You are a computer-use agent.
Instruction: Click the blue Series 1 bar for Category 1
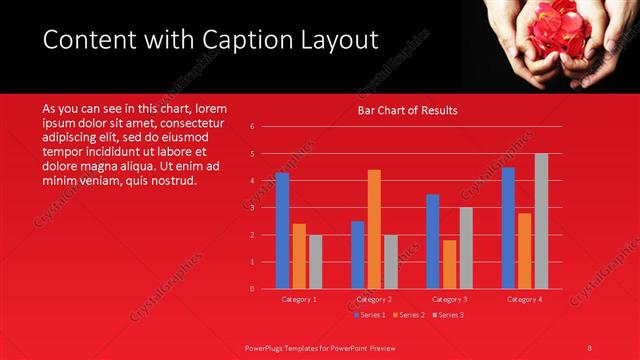[282, 231]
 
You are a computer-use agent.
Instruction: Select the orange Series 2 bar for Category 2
[374, 229]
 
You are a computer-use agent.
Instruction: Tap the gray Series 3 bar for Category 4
[541, 221]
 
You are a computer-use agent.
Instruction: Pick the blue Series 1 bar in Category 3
[432, 241]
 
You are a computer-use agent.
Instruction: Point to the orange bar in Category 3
[449, 264]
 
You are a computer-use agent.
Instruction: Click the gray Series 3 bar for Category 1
[315, 262]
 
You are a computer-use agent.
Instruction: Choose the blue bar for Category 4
[508, 228]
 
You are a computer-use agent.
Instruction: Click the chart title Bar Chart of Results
[407, 111]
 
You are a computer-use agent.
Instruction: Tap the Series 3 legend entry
[447, 315]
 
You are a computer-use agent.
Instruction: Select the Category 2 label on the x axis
[374, 299]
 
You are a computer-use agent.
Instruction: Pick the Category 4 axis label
[524, 299]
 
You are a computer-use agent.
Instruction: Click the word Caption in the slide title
[242, 40]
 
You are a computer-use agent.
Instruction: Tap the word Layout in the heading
[335, 40]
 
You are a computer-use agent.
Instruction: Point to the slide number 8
[590, 347]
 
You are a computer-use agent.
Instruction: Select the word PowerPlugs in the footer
[266, 347]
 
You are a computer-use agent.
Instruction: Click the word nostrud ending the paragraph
[175, 181]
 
